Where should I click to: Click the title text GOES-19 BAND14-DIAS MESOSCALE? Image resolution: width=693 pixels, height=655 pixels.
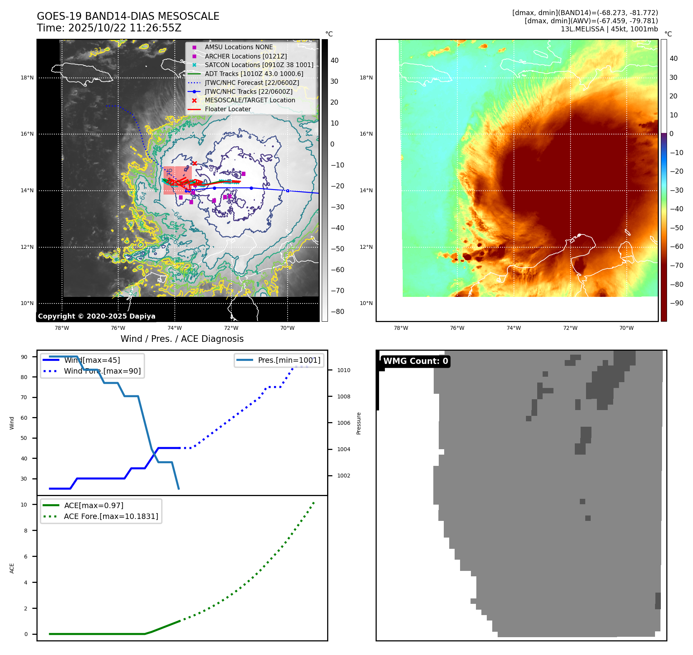[128, 16]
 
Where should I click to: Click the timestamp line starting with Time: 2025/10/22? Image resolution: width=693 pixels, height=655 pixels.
[109, 28]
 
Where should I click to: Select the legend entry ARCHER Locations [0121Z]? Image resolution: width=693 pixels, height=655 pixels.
[246, 56]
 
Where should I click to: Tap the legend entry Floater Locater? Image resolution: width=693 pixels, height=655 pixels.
[228, 109]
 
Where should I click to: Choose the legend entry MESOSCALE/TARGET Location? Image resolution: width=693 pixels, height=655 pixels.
[250, 100]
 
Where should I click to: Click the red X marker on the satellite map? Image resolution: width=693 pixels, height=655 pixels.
[195, 163]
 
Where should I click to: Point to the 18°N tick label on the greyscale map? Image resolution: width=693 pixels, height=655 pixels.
[27, 78]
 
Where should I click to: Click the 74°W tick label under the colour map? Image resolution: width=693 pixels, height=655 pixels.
[514, 328]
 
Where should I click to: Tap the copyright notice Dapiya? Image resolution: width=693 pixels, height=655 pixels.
[97, 316]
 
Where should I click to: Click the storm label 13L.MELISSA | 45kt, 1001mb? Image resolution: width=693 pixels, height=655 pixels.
[609, 29]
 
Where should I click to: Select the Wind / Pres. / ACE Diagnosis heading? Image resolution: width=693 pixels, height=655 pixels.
[182, 339]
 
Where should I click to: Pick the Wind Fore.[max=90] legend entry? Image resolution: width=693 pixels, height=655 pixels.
[102, 371]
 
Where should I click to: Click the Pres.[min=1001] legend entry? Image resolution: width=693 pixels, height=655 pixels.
[289, 360]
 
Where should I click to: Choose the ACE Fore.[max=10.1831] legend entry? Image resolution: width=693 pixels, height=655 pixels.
[111, 516]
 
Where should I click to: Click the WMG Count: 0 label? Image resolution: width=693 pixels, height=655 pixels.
[415, 361]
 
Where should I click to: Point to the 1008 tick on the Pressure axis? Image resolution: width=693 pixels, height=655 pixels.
[343, 396]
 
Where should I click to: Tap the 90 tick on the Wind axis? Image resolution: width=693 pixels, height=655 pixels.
[24, 357]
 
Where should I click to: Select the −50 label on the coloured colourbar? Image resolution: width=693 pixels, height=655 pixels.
[676, 228]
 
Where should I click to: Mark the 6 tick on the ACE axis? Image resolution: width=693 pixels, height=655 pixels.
[26, 556]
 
